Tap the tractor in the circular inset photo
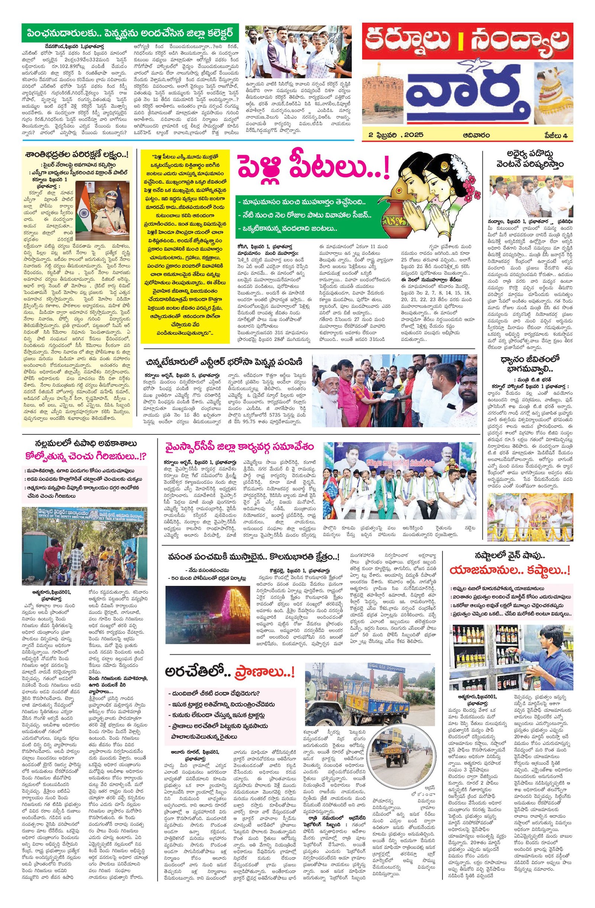pyautogui.click(x=391, y=761)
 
